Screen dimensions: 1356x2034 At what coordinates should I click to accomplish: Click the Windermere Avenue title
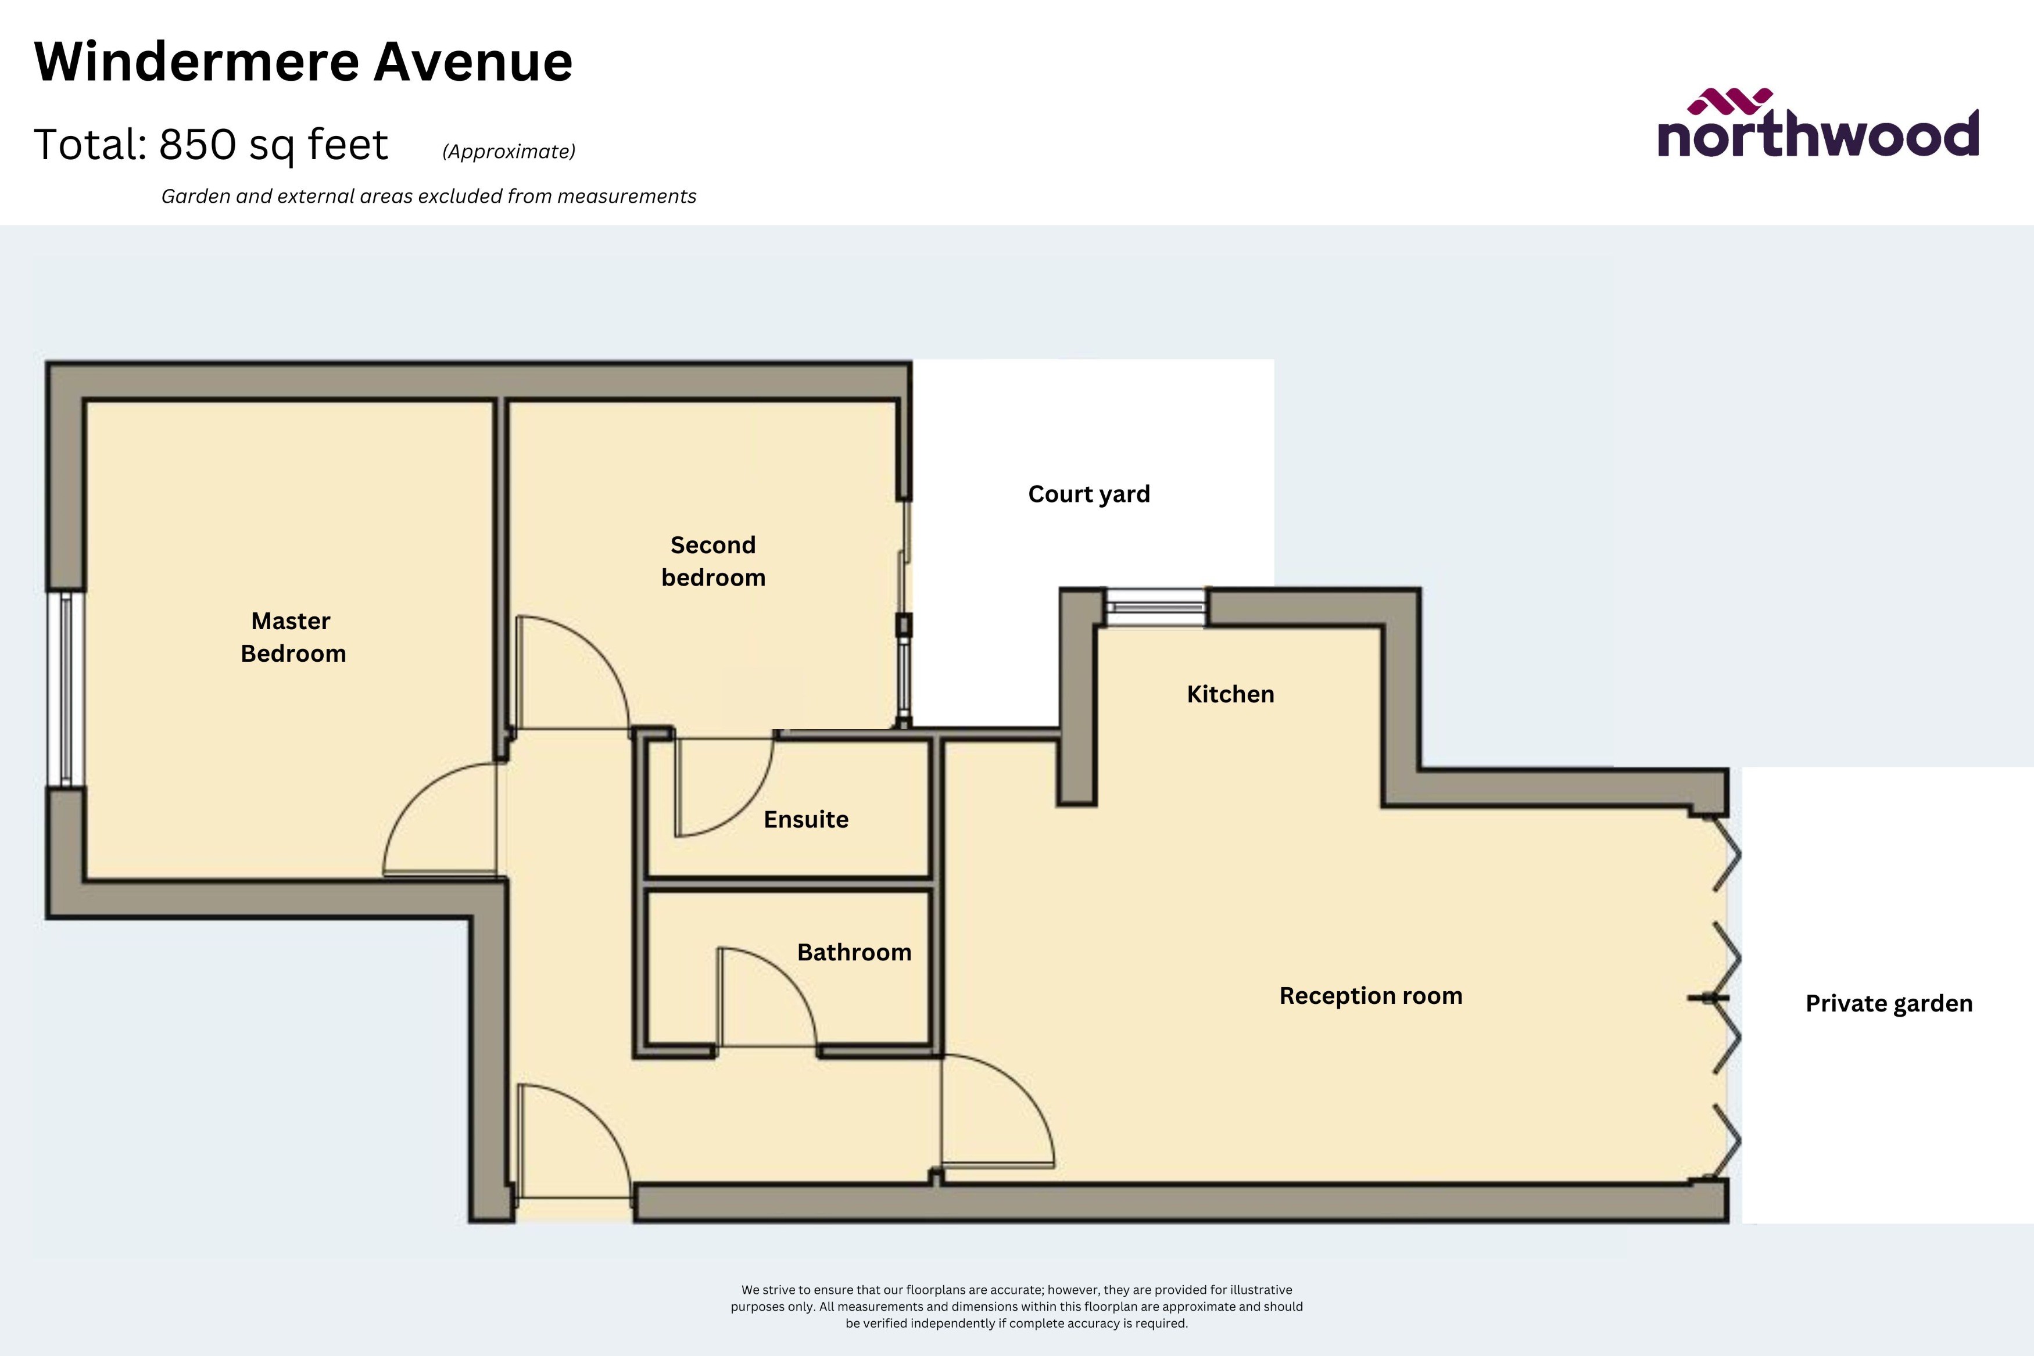[303, 62]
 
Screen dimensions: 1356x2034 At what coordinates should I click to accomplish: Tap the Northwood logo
[1818, 125]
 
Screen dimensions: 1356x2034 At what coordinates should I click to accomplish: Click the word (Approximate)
[509, 151]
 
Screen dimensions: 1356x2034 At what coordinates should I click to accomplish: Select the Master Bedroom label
[292, 637]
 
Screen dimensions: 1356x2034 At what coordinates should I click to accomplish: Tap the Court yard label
[1089, 494]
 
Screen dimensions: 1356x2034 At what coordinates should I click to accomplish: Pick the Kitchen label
[1230, 694]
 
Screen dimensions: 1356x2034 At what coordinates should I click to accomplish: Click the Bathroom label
[854, 952]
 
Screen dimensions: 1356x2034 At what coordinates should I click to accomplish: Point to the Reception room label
[1371, 995]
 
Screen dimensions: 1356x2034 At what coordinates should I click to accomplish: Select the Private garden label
[1889, 1003]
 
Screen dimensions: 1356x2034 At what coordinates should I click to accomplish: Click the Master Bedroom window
[66, 688]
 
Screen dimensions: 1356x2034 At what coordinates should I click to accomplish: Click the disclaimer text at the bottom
[1016, 1306]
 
